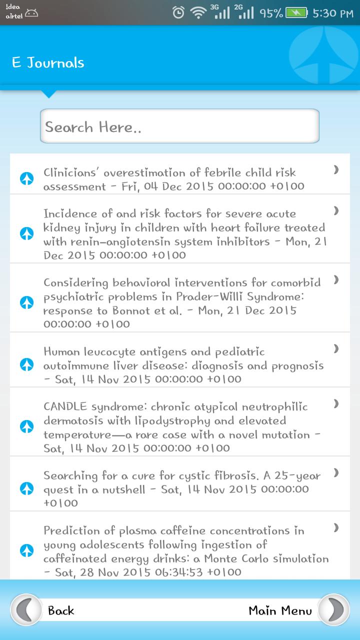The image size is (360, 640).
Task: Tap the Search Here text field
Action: (x=179, y=126)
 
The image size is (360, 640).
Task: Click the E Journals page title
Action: (x=48, y=63)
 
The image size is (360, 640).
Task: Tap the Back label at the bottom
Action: (x=61, y=610)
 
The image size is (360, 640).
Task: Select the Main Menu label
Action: (x=280, y=610)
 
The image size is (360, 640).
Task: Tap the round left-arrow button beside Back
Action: (x=26, y=610)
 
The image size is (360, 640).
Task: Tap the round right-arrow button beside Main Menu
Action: (x=334, y=610)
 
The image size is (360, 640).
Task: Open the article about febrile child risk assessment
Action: (x=173, y=179)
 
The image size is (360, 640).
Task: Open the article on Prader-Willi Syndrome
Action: (x=181, y=303)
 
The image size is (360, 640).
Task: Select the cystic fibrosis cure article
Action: (x=182, y=489)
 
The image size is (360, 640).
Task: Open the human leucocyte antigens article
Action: (x=183, y=365)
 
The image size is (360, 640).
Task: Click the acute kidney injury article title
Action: (x=184, y=234)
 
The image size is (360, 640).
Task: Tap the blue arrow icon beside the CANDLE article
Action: (x=27, y=426)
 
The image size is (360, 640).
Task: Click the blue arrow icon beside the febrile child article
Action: (x=27, y=178)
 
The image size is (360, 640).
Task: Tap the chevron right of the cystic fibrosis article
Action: (x=336, y=472)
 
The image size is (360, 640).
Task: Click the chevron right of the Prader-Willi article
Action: (x=336, y=279)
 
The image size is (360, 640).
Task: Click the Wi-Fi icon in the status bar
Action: (x=198, y=13)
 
